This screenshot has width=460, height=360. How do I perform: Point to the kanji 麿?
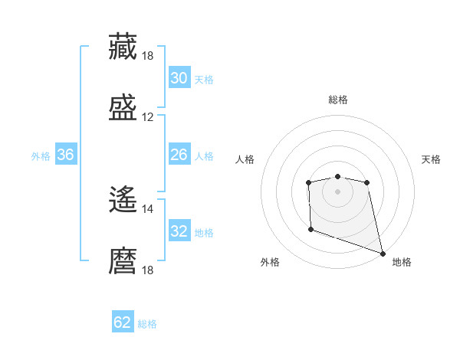point(123,260)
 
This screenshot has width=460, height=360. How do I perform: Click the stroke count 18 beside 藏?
point(148,56)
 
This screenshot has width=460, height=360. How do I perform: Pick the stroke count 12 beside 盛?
point(148,117)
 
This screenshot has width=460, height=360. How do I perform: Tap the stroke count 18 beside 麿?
point(148,270)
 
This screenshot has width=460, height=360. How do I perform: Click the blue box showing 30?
point(179,78)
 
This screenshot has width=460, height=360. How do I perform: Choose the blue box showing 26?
point(179,155)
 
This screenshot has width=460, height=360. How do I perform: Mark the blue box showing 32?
point(179,231)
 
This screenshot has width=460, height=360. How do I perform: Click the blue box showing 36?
point(66,155)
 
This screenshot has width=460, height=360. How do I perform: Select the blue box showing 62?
point(123,322)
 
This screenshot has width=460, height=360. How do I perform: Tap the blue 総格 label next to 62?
point(147,324)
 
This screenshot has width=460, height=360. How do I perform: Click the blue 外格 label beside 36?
point(41,156)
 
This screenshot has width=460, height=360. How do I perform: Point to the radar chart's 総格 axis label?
point(337,100)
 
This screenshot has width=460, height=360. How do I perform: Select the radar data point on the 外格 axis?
point(310,229)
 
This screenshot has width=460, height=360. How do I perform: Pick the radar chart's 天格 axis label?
point(432,159)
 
